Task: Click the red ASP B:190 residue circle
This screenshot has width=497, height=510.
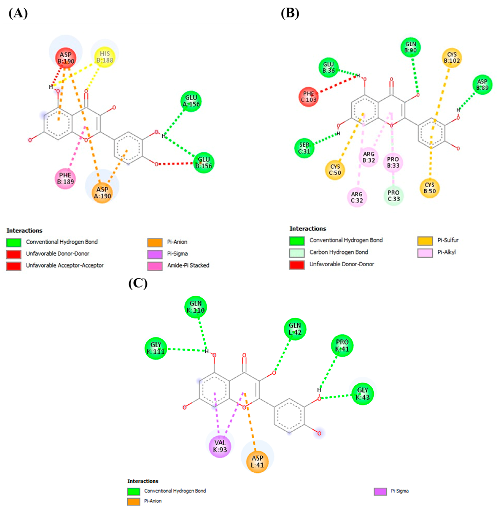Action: (66, 58)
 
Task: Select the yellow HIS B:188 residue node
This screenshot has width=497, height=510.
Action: (105, 57)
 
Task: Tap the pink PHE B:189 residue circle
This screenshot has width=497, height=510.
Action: (65, 178)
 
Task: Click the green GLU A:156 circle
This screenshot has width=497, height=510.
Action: (191, 101)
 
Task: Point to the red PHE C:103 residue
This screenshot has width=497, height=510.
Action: (309, 97)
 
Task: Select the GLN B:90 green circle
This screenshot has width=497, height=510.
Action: (411, 47)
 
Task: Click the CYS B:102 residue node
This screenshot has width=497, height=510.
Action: (452, 57)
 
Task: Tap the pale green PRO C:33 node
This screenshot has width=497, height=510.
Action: (393, 196)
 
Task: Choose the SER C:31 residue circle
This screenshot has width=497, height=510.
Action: (304, 148)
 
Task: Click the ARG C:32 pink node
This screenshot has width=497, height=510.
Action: (357, 197)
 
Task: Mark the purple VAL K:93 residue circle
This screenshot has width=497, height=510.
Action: (220, 446)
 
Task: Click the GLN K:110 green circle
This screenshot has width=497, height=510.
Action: (195, 307)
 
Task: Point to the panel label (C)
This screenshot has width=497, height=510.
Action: (138, 283)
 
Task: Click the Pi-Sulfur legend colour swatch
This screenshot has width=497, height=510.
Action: (425, 241)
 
